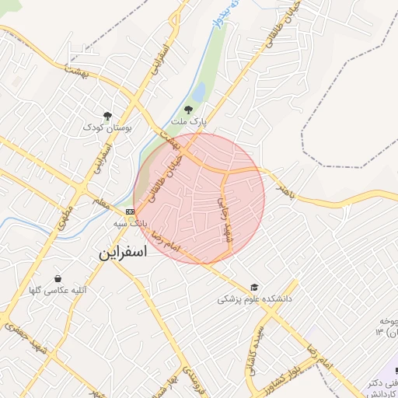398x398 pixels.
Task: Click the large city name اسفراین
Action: [128, 253]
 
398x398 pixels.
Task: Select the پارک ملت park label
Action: [190, 123]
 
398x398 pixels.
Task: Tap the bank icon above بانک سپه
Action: [129, 211]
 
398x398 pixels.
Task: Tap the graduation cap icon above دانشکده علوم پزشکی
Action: [253, 286]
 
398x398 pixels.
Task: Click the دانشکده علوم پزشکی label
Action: [253, 298]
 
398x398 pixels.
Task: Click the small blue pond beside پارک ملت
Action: [197, 93]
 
